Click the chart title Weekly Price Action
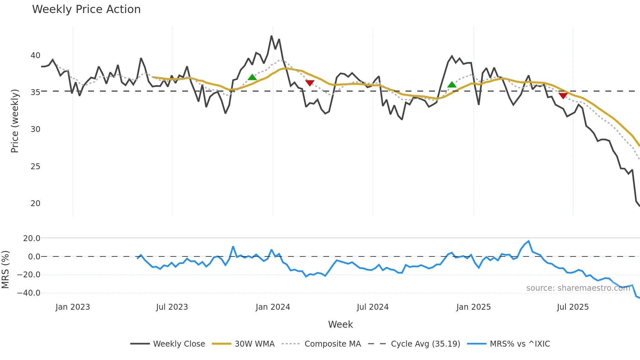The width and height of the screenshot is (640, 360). click(86, 9)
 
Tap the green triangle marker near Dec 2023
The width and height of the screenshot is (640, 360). click(252, 77)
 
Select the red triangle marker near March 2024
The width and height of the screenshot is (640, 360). click(310, 83)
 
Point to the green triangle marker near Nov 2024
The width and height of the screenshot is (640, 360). click(452, 85)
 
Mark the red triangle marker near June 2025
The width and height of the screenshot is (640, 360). click(563, 95)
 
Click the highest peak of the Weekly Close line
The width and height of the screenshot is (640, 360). click(271, 36)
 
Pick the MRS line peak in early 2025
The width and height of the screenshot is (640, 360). click(529, 241)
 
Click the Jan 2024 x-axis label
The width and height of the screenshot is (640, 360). click(273, 307)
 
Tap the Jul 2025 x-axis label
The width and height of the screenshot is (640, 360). click(573, 307)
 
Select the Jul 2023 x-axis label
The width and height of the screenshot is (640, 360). click(172, 307)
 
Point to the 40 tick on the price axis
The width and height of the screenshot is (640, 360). click(35, 56)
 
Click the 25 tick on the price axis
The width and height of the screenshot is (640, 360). click(35, 167)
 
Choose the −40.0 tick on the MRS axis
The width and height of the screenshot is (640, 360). click(29, 293)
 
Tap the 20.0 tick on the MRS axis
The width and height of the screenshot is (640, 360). click(31, 238)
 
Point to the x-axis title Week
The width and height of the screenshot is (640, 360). click(340, 324)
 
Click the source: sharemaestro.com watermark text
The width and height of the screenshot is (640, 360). click(578, 288)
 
